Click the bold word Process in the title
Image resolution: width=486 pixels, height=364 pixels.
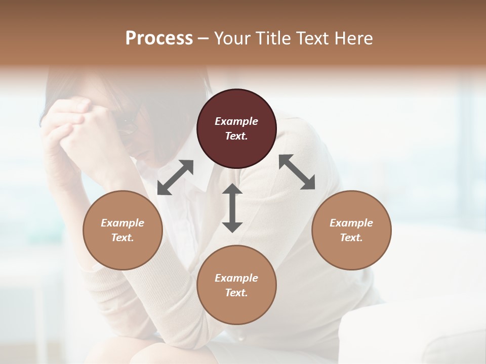pyautogui.click(x=159, y=38)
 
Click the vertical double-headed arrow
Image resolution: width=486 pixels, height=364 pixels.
pyautogui.click(x=232, y=208)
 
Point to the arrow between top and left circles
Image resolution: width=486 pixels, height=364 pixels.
pyautogui.click(x=175, y=177)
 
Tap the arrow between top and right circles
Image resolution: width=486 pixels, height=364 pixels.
pyautogui.click(x=297, y=172)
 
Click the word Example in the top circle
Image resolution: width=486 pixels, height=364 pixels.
pyautogui.click(x=236, y=121)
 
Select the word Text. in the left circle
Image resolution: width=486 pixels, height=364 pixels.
pyautogui.click(x=123, y=238)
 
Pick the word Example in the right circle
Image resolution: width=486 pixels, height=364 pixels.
pyautogui.click(x=351, y=223)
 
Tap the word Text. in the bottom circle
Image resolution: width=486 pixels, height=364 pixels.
pyautogui.click(x=236, y=293)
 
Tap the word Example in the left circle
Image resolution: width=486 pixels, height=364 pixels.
pyautogui.click(x=123, y=223)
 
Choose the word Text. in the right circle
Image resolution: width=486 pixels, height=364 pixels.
pyautogui.click(x=351, y=238)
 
